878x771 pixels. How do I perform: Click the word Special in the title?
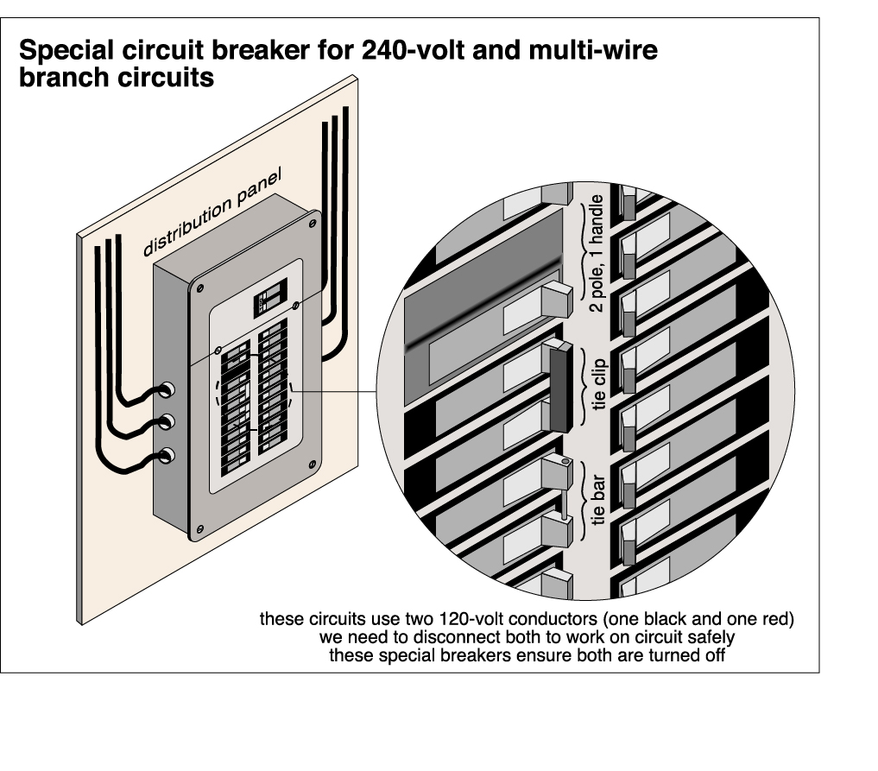[x=69, y=51]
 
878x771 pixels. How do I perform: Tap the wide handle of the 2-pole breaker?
[x=558, y=299]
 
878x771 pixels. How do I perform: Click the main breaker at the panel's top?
[x=268, y=304]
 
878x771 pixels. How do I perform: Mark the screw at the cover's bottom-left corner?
[x=200, y=528]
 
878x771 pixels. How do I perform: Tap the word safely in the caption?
[x=713, y=637]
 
